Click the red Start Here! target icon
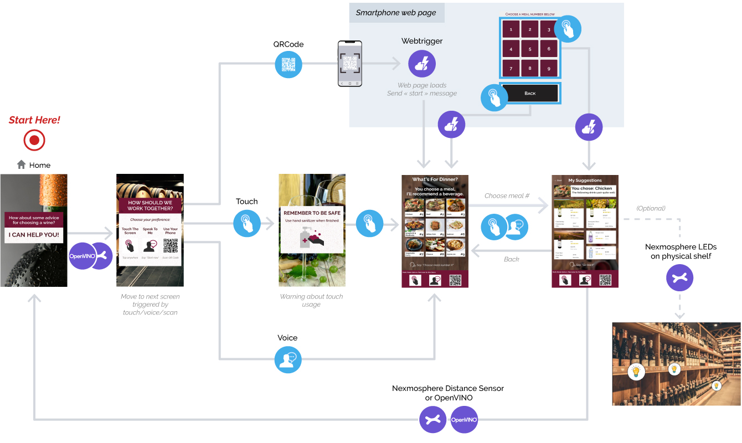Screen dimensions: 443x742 (34, 140)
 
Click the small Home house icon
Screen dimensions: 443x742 (22, 164)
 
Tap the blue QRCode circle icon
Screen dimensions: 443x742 (288, 64)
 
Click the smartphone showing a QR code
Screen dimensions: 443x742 (350, 64)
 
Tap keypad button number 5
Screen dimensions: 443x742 (530, 49)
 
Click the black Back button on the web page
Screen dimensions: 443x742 (530, 93)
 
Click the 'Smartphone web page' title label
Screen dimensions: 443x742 (396, 13)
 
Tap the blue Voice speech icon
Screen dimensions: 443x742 (288, 359)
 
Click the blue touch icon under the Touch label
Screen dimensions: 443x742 (247, 224)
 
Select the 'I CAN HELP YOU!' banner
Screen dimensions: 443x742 (34, 234)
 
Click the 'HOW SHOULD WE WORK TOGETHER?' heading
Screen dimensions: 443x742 (150, 206)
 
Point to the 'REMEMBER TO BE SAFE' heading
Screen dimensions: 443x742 (312, 213)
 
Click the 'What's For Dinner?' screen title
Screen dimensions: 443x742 (435, 179)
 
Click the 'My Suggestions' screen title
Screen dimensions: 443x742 (585, 181)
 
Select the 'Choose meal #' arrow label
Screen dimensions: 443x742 (507, 196)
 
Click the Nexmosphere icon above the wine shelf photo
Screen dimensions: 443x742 (679, 278)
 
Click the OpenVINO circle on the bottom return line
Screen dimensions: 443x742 (464, 420)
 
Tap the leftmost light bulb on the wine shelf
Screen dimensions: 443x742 (636, 371)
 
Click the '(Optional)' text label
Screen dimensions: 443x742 (651, 208)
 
